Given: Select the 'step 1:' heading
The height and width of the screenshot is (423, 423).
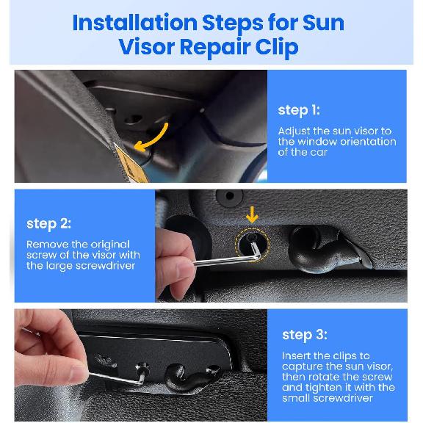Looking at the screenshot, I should [298, 110].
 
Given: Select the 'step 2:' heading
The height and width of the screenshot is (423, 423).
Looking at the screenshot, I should [48, 223].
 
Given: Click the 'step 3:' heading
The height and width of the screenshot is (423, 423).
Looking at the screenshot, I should [304, 335].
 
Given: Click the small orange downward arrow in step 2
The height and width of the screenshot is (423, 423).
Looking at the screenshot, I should [252, 214].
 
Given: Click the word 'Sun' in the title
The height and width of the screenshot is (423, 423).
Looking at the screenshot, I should [324, 22].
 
